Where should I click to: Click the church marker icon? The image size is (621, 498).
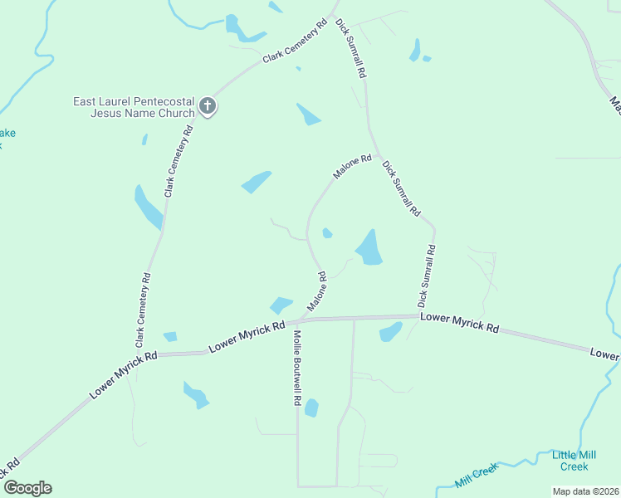[208, 106]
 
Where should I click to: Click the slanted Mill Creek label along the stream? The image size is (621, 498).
[476, 475]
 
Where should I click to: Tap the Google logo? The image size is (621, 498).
[27, 488]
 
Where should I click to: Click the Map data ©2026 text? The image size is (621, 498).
[585, 491]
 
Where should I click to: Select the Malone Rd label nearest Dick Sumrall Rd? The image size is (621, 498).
[352, 166]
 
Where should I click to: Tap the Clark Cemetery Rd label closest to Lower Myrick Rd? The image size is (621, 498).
[143, 310]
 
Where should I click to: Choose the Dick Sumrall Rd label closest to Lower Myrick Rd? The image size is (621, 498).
[426, 274]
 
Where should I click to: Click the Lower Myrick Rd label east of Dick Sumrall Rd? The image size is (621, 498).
[459, 323]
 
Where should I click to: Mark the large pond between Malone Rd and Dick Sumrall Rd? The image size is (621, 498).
[369, 248]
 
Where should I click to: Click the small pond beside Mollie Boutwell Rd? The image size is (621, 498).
[311, 408]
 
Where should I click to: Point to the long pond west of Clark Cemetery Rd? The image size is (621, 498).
[149, 207]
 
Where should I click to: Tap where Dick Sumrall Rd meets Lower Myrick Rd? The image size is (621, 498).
[417, 315]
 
